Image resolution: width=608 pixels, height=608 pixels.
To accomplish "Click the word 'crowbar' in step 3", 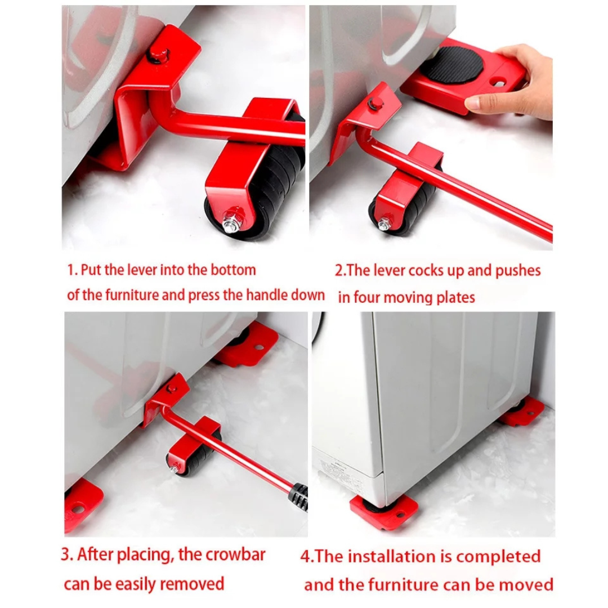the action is pyautogui.click(x=235, y=555).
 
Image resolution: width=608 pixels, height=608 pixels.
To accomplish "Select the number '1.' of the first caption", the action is pyautogui.click(x=73, y=270).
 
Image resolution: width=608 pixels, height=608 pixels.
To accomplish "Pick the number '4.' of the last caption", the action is pyautogui.click(x=307, y=556).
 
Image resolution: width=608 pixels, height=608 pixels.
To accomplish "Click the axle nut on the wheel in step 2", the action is pyautogui.click(x=384, y=223).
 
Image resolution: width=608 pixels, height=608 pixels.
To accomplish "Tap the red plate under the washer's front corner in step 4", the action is pyautogui.click(x=383, y=511).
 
